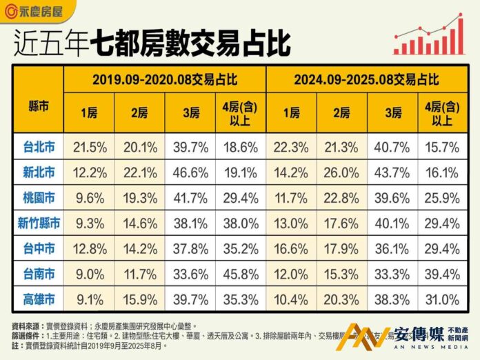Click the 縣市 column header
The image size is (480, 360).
pyautogui.click(x=38, y=107)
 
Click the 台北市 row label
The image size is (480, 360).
pyautogui.click(x=38, y=147)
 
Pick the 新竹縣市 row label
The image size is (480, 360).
pyautogui.click(x=38, y=223)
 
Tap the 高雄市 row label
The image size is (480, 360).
pyautogui.click(x=38, y=299)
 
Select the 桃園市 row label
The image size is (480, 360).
pyautogui.click(x=38, y=198)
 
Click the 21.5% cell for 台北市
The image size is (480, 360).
pyautogui.click(x=90, y=147)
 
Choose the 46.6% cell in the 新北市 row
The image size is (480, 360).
pyautogui.click(x=191, y=172)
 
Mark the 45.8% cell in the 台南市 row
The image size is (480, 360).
pyautogui.click(x=241, y=274)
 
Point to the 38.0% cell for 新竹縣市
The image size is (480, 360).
pyautogui.click(x=241, y=223)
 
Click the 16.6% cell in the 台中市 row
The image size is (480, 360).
pyautogui.click(x=292, y=249)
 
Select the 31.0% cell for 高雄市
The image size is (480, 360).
pyautogui.click(x=443, y=299)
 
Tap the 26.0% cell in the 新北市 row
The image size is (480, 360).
pyautogui.click(x=342, y=172)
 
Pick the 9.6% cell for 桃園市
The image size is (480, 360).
pyautogui.click(x=90, y=198)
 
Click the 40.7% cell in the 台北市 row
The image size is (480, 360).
pyautogui.click(x=392, y=147)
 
